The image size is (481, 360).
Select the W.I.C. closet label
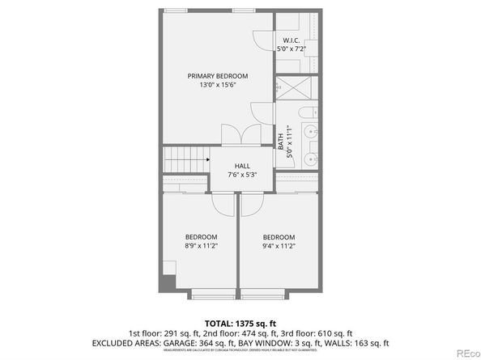pos(292,40)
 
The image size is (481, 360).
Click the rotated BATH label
pos(281,142)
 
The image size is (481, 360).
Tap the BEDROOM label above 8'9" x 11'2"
pos(201,236)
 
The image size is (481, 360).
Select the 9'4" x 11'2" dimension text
pos(278,246)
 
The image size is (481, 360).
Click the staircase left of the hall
pos(185,159)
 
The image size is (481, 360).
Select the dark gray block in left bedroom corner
pos(168,282)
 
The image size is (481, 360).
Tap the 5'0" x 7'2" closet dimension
pos(292,49)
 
